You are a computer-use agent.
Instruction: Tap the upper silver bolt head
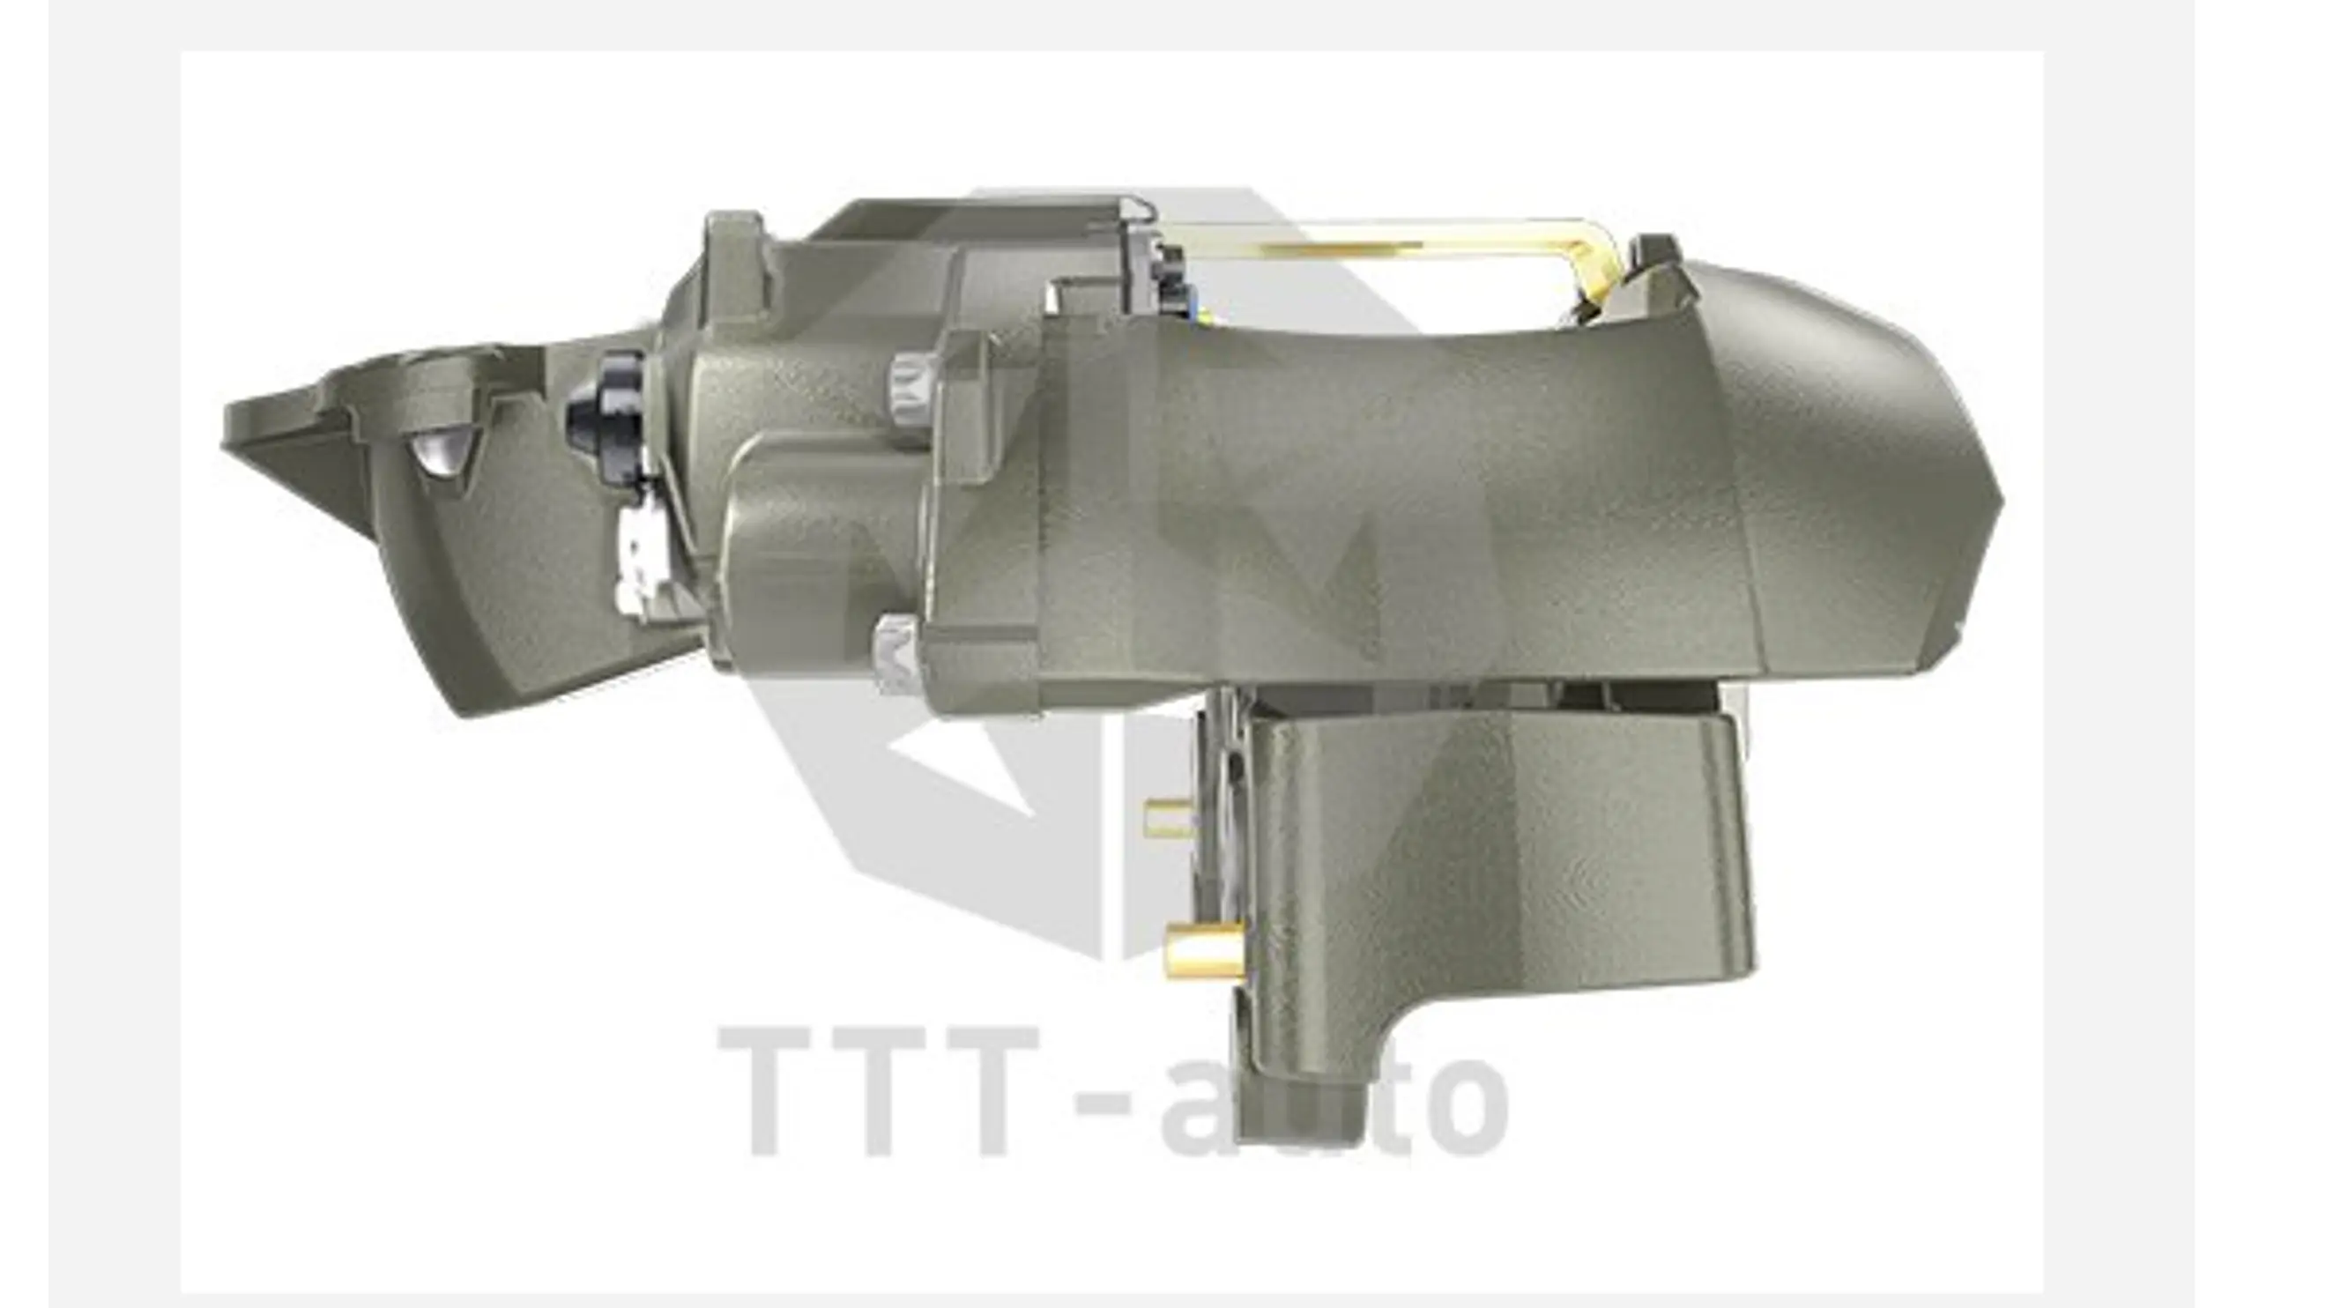(910, 388)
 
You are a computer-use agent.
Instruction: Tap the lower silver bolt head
(897, 655)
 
